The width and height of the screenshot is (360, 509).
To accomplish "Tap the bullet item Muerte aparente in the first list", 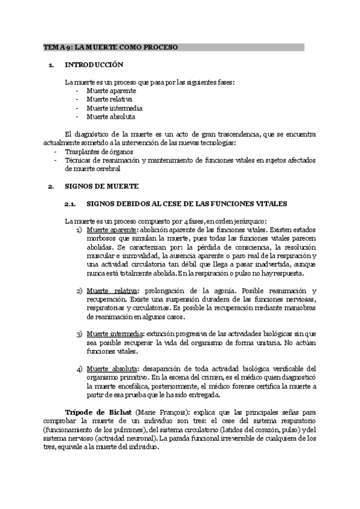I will [x=111, y=91].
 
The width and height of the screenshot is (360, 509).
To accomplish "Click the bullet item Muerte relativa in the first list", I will [x=109, y=99].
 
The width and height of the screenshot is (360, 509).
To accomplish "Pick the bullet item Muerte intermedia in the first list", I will [x=114, y=108].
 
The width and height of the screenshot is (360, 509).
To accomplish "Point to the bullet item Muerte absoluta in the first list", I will [x=110, y=116].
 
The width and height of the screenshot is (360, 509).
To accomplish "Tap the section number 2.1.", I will [x=70, y=204].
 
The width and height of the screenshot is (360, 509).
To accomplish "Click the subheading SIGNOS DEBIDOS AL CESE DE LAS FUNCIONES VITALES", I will [x=187, y=204].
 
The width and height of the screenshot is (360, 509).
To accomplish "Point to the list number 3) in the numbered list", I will [x=80, y=333].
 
